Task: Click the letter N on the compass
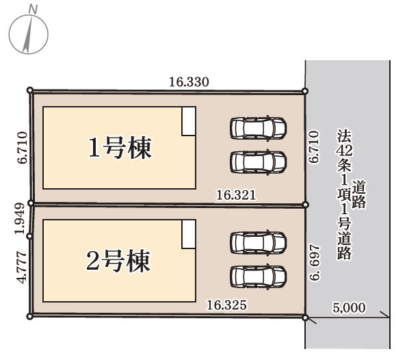(x=33, y=10)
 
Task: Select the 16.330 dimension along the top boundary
(x=189, y=82)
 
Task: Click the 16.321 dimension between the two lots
(x=236, y=195)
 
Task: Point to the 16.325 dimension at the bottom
(x=226, y=305)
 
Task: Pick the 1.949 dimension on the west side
(x=20, y=219)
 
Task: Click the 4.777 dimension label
(x=21, y=268)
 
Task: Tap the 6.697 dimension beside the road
(x=315, y=262)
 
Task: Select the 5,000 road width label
(x=349, y=307)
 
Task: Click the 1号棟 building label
(x=120, y=148)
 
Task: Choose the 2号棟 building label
(x=118, y=261)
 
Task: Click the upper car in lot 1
(x=259, y=128)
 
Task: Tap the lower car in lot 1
(x=259, y=162)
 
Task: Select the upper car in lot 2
(x=259, y=242)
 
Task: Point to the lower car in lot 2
(x=259, y=277)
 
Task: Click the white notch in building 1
(x=189, y=121)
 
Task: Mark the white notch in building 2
(x=189, y=234)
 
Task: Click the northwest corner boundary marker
(x=30, y=90)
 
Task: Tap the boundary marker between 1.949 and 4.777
(x=29, y=236)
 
